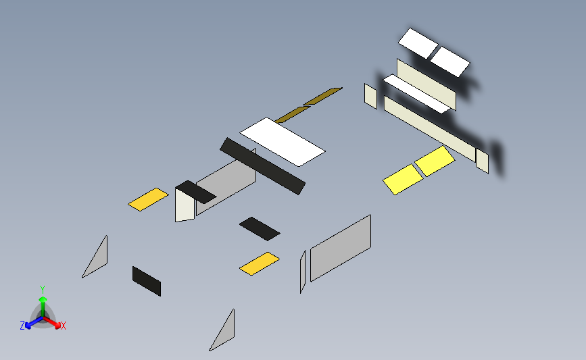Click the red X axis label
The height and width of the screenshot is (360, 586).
click(63, 326)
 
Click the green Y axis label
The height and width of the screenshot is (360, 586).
click(43, 290)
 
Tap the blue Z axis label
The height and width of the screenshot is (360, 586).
click(22, 326)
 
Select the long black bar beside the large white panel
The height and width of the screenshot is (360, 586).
click(262, 166)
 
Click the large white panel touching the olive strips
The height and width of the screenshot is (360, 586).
click(282, 142)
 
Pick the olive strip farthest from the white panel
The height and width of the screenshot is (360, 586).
click(322, 96)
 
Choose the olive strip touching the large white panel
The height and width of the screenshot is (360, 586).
click(292, 114)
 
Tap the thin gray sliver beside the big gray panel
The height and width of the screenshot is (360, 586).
click(303, 272)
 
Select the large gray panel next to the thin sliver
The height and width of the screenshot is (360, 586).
click(341, 248)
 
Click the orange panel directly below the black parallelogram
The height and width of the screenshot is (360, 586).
click(260, 263)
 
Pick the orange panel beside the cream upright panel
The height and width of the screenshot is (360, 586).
click(148, 199)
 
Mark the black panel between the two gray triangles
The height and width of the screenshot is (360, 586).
click(147, 281)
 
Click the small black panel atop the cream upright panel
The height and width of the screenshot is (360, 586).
click(195, 192)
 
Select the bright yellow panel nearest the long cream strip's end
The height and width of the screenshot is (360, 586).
click(435, 161)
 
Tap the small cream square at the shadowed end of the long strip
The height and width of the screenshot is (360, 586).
click(482, 161)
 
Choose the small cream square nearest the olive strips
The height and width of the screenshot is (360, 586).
click(371, 97)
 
